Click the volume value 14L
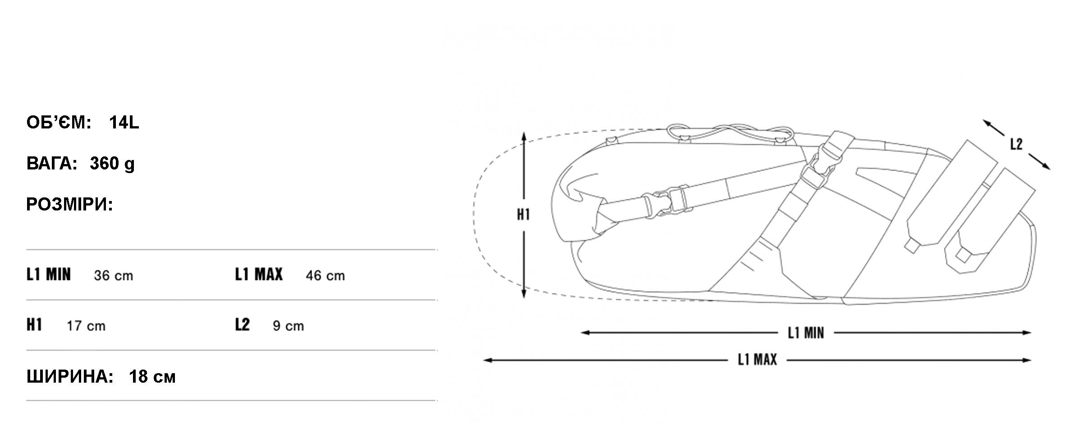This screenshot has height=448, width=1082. click(124, 123)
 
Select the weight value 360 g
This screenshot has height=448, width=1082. click(112, 164)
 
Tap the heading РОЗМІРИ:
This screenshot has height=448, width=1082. click(70, 205)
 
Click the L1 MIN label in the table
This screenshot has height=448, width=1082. click(49, 274)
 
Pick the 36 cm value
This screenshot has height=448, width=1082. click(114, 275)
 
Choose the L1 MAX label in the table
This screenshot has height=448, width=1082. click(259, 274)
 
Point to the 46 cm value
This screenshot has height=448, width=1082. click(325, 275)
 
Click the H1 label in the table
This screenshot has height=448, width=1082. click(34, 325)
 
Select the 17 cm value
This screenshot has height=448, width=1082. click(86, 326)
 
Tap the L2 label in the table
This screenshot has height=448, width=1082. click(242, 325)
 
